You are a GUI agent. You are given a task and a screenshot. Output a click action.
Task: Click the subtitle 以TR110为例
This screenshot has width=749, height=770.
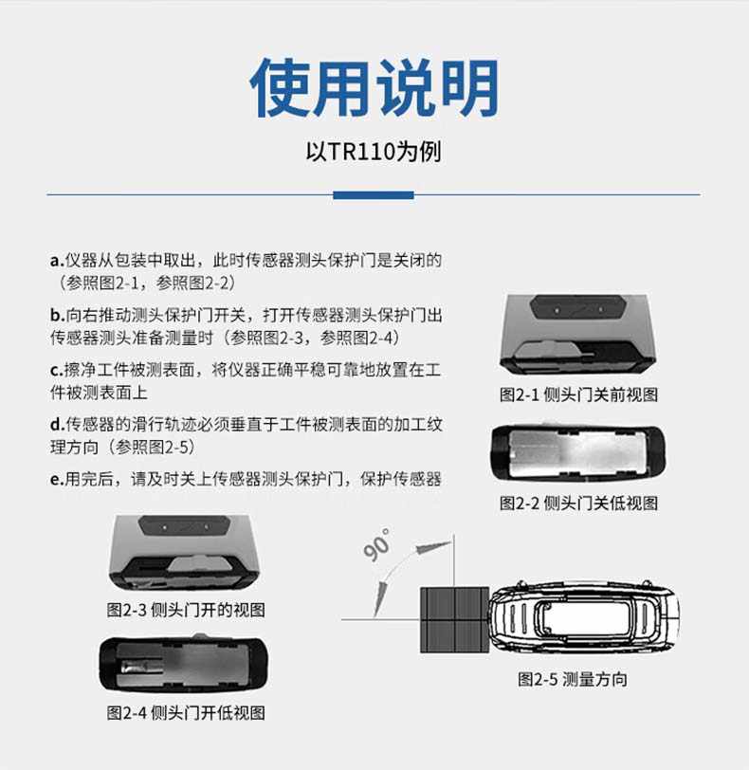click(374, 152)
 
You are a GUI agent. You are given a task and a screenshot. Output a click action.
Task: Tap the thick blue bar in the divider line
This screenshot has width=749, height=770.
click(374, 195)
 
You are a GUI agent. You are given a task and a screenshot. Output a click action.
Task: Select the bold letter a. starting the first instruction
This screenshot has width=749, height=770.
click(56, 261)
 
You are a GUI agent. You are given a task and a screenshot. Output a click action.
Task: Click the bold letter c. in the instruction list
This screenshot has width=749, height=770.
click(56, 370)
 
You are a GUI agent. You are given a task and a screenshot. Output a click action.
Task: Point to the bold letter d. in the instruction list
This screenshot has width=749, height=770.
click(56, 425)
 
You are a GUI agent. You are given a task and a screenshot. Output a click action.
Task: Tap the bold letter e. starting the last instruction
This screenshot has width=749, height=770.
click(56, 480)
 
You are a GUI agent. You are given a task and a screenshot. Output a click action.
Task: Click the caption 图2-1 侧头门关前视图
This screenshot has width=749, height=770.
click(578, 394)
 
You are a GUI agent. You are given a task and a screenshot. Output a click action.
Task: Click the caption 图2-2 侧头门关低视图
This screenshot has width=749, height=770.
click(578, 504)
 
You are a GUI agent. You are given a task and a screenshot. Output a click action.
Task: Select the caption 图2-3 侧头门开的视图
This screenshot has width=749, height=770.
click(186, 610)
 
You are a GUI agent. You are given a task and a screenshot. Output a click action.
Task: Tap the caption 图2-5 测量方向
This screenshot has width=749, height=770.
click(572, 679)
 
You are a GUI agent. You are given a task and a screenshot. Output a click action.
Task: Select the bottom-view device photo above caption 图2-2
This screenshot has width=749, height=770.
click(578, 451)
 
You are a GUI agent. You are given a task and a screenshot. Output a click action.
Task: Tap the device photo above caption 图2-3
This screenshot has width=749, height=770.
click(186, 555)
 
